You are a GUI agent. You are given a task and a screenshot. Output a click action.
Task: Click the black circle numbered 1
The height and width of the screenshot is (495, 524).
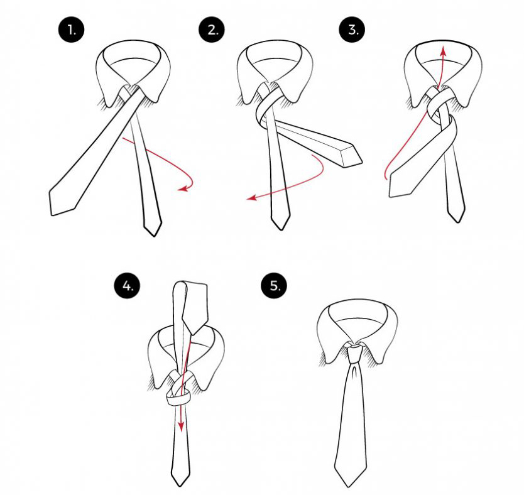point(71,30)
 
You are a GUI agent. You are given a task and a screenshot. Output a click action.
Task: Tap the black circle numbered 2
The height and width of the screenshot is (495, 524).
point(212,30)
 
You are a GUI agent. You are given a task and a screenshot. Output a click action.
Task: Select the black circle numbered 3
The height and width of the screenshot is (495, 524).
point(352,30)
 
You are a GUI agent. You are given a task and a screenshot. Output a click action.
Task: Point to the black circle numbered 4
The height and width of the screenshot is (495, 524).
point(128,286)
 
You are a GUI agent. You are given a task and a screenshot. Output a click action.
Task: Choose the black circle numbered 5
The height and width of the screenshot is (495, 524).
point(274,286)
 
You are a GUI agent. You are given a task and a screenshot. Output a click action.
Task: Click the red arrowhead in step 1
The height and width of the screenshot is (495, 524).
point(182,189)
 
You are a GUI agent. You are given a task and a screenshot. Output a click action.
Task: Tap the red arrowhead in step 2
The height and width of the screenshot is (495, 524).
point(251,198)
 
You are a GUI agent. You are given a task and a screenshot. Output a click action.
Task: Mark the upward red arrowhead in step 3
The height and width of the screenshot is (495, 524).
point(444,51)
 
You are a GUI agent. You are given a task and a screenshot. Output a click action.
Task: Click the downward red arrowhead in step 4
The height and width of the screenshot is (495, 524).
point(181,427)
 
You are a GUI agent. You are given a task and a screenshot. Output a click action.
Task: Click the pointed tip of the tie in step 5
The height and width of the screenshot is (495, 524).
point(349,487)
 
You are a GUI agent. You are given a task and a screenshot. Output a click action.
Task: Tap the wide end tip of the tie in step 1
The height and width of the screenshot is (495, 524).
point(52,214)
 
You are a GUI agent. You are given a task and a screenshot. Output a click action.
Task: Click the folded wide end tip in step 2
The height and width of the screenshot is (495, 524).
point(362,162)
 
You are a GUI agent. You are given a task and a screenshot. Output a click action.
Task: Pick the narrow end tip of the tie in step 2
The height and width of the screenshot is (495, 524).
point(281,229)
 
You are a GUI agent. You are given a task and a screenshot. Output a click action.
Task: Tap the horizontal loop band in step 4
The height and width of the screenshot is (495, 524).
point(178,399)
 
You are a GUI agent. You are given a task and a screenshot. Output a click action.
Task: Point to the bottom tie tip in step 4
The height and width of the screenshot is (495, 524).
point(180,486)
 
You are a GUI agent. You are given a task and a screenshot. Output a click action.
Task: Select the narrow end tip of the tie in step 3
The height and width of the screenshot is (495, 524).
point(457,222)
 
